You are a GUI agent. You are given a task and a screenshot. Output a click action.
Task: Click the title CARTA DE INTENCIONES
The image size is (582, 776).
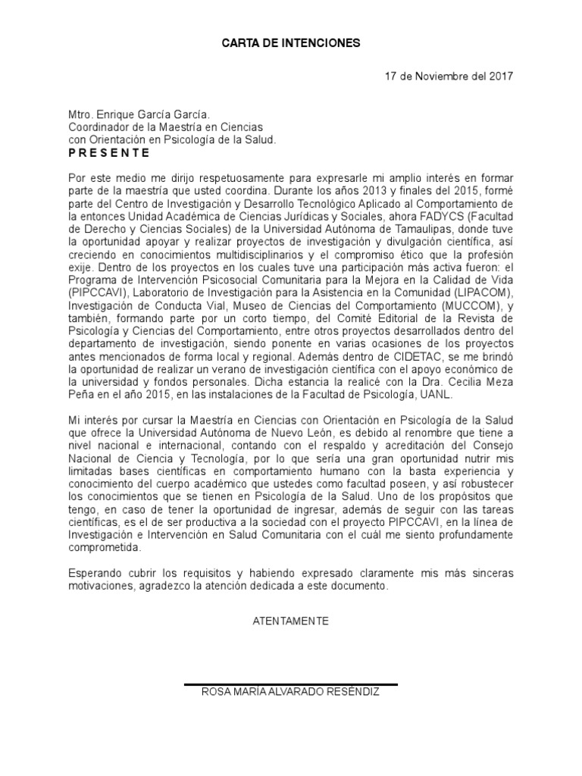291,44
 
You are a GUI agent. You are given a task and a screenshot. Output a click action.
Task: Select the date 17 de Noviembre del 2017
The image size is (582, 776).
449,77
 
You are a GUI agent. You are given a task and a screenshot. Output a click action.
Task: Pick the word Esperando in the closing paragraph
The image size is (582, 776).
95,574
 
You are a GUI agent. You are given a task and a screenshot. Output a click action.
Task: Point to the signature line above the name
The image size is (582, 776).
291,684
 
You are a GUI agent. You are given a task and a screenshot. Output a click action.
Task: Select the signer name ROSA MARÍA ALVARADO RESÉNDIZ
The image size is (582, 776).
291,693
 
